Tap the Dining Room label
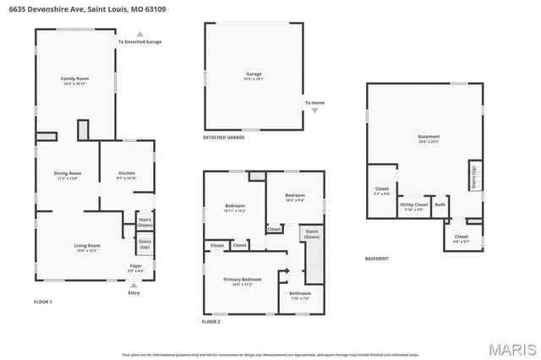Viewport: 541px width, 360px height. [67, 176]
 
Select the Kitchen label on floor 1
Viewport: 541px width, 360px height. [125, 176]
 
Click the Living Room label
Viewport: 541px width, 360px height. [88, 248]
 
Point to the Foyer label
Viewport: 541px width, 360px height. [135, 268]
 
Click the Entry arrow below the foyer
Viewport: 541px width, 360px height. [134, 285]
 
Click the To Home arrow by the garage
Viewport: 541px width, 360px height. [314, 110]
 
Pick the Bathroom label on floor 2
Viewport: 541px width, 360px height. [301, 295]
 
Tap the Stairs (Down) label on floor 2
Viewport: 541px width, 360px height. [312, 233]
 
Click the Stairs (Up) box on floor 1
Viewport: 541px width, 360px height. [145, 244]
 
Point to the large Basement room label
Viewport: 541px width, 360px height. [429, 139]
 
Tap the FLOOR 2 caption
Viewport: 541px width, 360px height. [210, 322]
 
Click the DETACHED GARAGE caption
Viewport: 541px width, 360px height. [223, 137]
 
